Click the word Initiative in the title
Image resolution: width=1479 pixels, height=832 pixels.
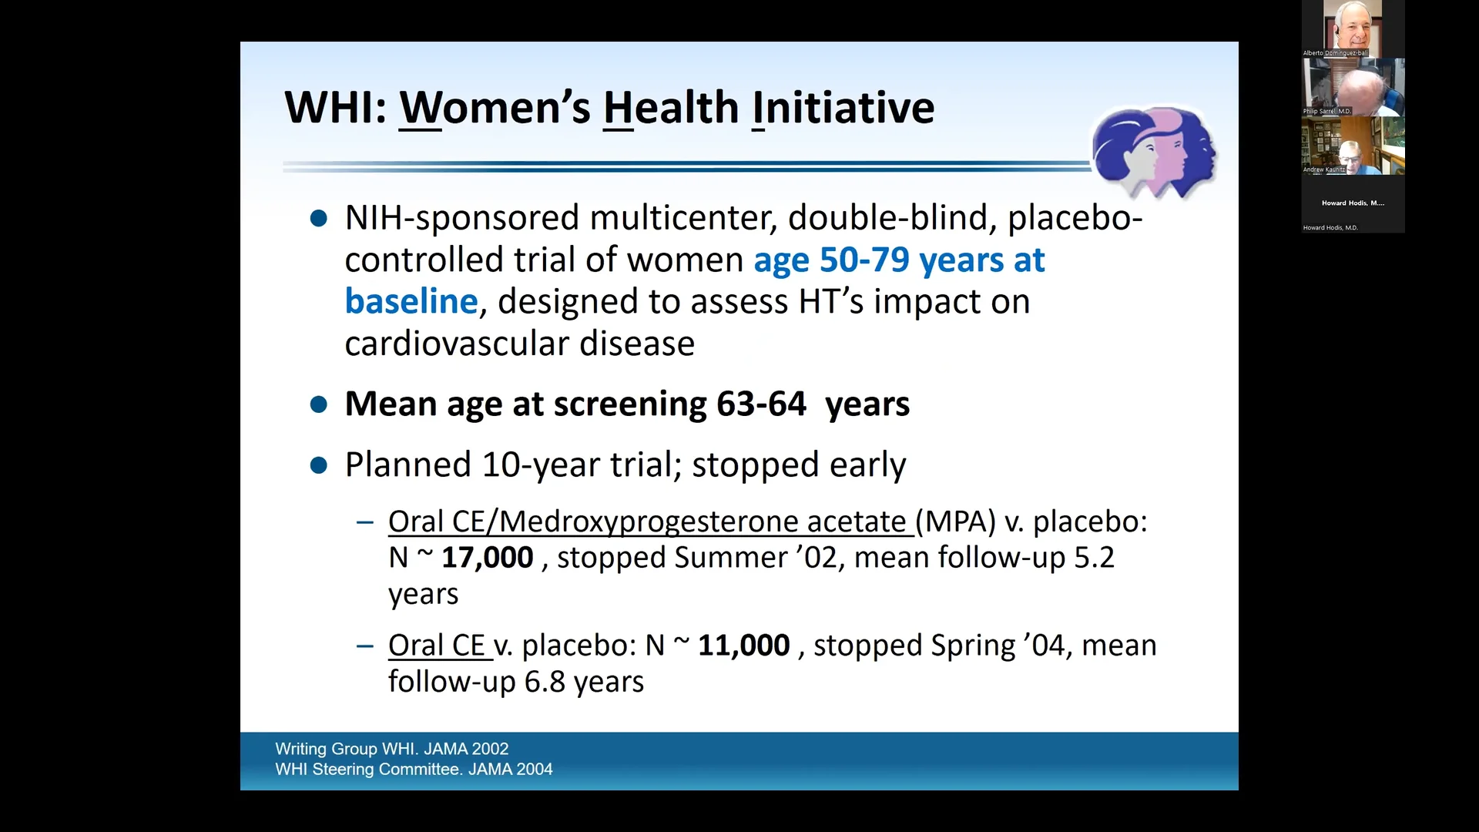coord(843,108)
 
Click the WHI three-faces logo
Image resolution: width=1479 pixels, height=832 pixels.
coord(1153,151)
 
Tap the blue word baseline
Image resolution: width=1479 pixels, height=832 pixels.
coord(411,301)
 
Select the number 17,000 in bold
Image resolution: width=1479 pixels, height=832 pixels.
coord(487,558)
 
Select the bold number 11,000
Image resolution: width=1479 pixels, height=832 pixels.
coord(743,646)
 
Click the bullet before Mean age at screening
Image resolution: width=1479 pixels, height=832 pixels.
coord(318,404)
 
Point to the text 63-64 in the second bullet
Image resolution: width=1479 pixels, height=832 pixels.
coord(760,404)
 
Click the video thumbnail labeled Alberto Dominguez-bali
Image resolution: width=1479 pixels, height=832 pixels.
coord(1353,29)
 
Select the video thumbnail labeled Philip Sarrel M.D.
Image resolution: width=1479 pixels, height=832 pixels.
coord(1353,87)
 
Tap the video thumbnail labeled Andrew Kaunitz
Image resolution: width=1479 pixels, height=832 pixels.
coord(1353,146)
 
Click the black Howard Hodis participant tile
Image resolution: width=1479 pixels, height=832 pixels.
coord(1353,204)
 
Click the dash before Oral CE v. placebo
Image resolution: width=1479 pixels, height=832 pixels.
coord(364,646)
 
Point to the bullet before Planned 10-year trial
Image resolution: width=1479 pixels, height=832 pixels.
coord(318,465)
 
